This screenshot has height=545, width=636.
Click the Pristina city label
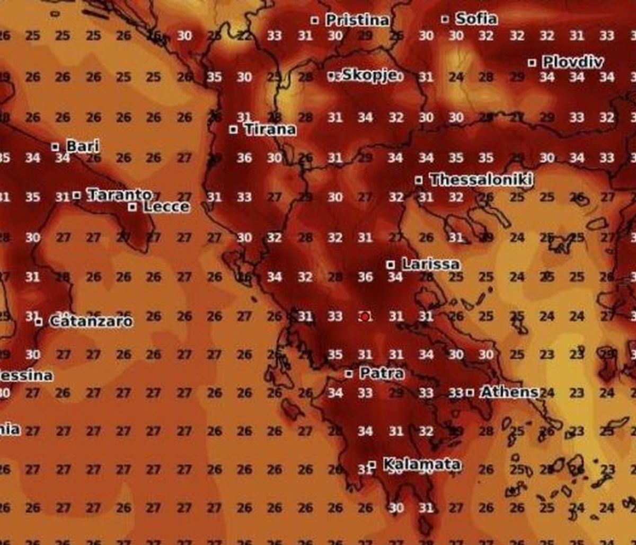coord(357,20)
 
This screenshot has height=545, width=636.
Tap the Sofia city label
coord(476,19)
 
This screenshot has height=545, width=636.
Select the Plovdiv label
coord(572,62)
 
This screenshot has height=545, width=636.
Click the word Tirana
coord(270,129)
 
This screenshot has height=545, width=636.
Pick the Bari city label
coord(82,146)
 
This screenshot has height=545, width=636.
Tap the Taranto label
coord(119,195)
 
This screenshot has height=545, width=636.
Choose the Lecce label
coord(166,206)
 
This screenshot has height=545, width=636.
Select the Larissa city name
coord(430,263)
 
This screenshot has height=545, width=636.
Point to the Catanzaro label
coord(91,321)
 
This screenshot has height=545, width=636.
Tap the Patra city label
coord(382,373)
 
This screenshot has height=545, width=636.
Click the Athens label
coord(509,392)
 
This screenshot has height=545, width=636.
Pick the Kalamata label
coord(421,464)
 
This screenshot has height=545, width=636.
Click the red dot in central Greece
coord(365,317)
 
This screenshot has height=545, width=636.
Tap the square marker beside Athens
coord(470,392)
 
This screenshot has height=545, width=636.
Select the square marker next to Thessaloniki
coord(419,180)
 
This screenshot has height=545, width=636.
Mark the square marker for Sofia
coord(445,19)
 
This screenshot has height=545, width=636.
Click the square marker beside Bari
coord(55,146)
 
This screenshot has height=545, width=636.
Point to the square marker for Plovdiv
coord(532,63)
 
